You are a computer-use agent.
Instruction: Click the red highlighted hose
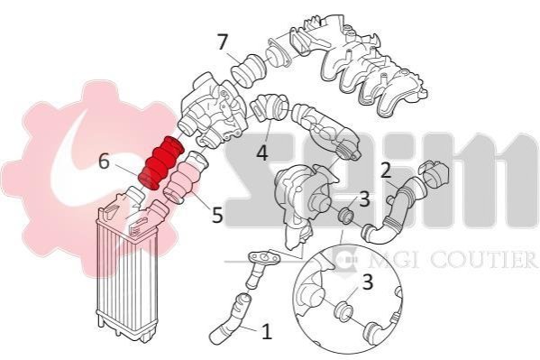160,162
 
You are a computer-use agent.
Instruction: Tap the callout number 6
104,162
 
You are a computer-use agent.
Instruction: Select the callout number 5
217,215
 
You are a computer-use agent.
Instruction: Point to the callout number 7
223,42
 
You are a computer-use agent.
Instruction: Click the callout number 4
262,152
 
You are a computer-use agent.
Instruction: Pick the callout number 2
386,171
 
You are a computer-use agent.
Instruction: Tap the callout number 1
266,331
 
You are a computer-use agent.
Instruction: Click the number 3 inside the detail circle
368,282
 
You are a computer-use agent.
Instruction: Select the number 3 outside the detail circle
364,199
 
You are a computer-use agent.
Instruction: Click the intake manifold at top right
358,66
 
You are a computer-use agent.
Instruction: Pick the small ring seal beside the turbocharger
346,217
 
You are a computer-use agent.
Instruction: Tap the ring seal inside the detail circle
343,311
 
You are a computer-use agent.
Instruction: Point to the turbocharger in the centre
303,200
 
